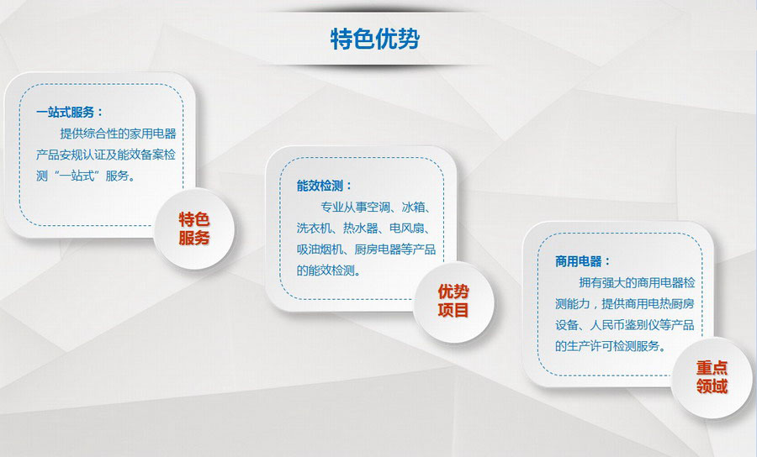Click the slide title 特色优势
tap(375, 39)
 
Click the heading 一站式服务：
tap(70, 113)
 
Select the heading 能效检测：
tap(325, 186)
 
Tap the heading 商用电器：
tap(583, 261)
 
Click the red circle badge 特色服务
tap(194, 228)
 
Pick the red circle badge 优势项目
tap(453, 301)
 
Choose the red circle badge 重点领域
tap(712, 377)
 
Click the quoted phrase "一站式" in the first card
tap(77, 176)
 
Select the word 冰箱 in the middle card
tap(413, 207)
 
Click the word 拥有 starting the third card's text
tap(590, 283)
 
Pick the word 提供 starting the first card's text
tap(71, 134)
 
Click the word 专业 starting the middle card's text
tap(331, 207)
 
